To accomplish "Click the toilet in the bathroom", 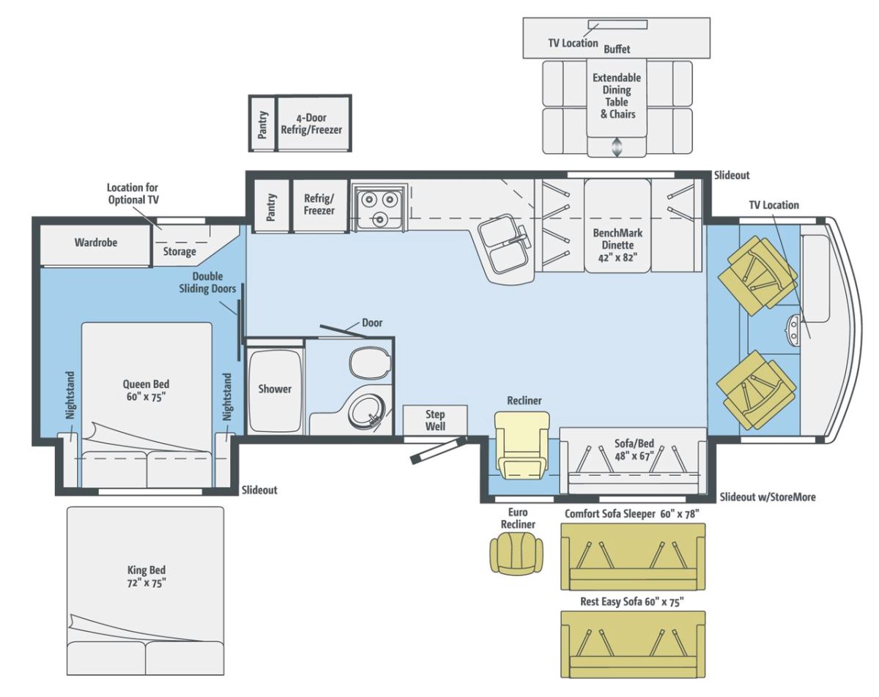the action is [x=370, y=363].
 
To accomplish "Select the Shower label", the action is [x=275, y=389].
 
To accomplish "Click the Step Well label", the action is [x=435, y=420].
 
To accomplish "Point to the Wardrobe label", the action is [x=95, y=242].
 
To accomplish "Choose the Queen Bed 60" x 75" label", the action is [x=146, y=390].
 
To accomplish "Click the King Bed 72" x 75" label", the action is [x=146, y=576].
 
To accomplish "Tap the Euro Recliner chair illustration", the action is [x=516, y=554].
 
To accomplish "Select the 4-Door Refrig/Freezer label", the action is [x=311, y=124].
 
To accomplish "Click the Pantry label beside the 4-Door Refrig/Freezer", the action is [x=263, y=124].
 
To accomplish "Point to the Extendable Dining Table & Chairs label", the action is [x=617, y=96].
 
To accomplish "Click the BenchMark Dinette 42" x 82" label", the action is [x=617, y=245].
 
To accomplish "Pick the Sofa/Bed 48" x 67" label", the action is [x=634, y=449].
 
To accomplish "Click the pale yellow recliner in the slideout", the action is [x=522, y=445].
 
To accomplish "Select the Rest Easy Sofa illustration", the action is [x=633, y=644].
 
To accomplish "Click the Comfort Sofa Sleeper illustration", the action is [x=633, y=557].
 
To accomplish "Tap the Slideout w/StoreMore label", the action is [x=768, y=497].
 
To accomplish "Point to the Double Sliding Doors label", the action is [x=207, y=283].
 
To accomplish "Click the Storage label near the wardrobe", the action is [x=179, y=252].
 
